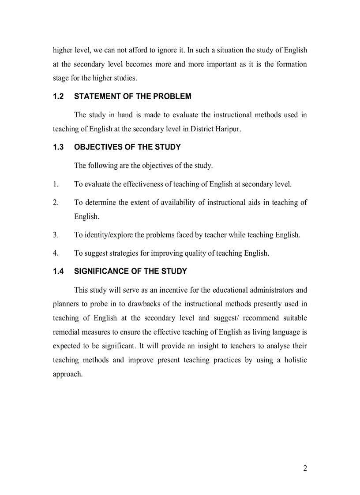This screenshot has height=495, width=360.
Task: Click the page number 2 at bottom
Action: [305, 468]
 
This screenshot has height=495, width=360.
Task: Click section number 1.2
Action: [58, 97]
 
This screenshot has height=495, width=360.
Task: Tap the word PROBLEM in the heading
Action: [173, 97]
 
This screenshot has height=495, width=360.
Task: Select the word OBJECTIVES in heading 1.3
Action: [95, 147]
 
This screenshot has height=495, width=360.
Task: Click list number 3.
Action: [56, 235]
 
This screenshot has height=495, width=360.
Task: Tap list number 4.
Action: [56, 253]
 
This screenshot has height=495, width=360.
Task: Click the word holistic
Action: [293, 360]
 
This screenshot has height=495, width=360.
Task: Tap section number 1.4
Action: [58, 272]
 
